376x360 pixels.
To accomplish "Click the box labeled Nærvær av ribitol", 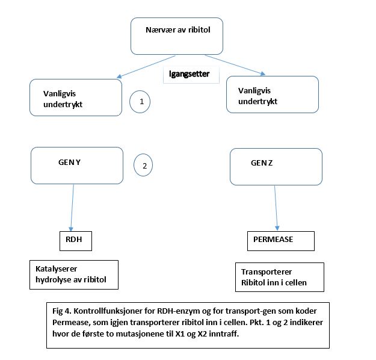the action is pyautogui.click(x=177, y=36).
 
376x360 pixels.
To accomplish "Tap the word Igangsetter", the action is pyautogui.click(x=189, y=73).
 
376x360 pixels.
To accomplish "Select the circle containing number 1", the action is pyautogui.click(x=140, y=102).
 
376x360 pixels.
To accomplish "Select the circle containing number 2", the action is pyautogui.click(x=143, y=165).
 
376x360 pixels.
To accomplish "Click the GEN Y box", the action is pyautogui.click(x=77, y=166).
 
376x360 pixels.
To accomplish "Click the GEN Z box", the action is pyautogui.click(x=276, y=167).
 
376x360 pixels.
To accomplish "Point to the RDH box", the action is pyautogui.click(x=76, y=241).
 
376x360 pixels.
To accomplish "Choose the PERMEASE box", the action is pyautogui.click(x=281, y=241).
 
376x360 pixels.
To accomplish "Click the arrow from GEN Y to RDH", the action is pyautogui.click(x=72, y=208).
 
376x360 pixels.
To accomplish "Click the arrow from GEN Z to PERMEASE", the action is pyautogui.click(x=276, y=208).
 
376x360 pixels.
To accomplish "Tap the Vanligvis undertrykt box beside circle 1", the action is pyautogui.click(x=76, y=98).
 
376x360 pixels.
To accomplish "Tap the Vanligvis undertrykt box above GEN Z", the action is pyautogui.click(x=273, y=95).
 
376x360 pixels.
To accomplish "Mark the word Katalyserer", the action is pyautogui.click(x=57, y=269).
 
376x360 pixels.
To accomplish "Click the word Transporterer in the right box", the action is pyautogui.click(x=267, y=272).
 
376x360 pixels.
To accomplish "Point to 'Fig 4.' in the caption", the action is pyautogui.click(x=62, y=311).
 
